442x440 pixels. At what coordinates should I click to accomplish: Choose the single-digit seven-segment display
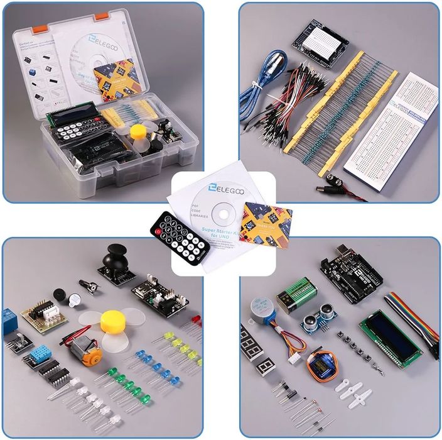pyautogui.click(x=267, y=366)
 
